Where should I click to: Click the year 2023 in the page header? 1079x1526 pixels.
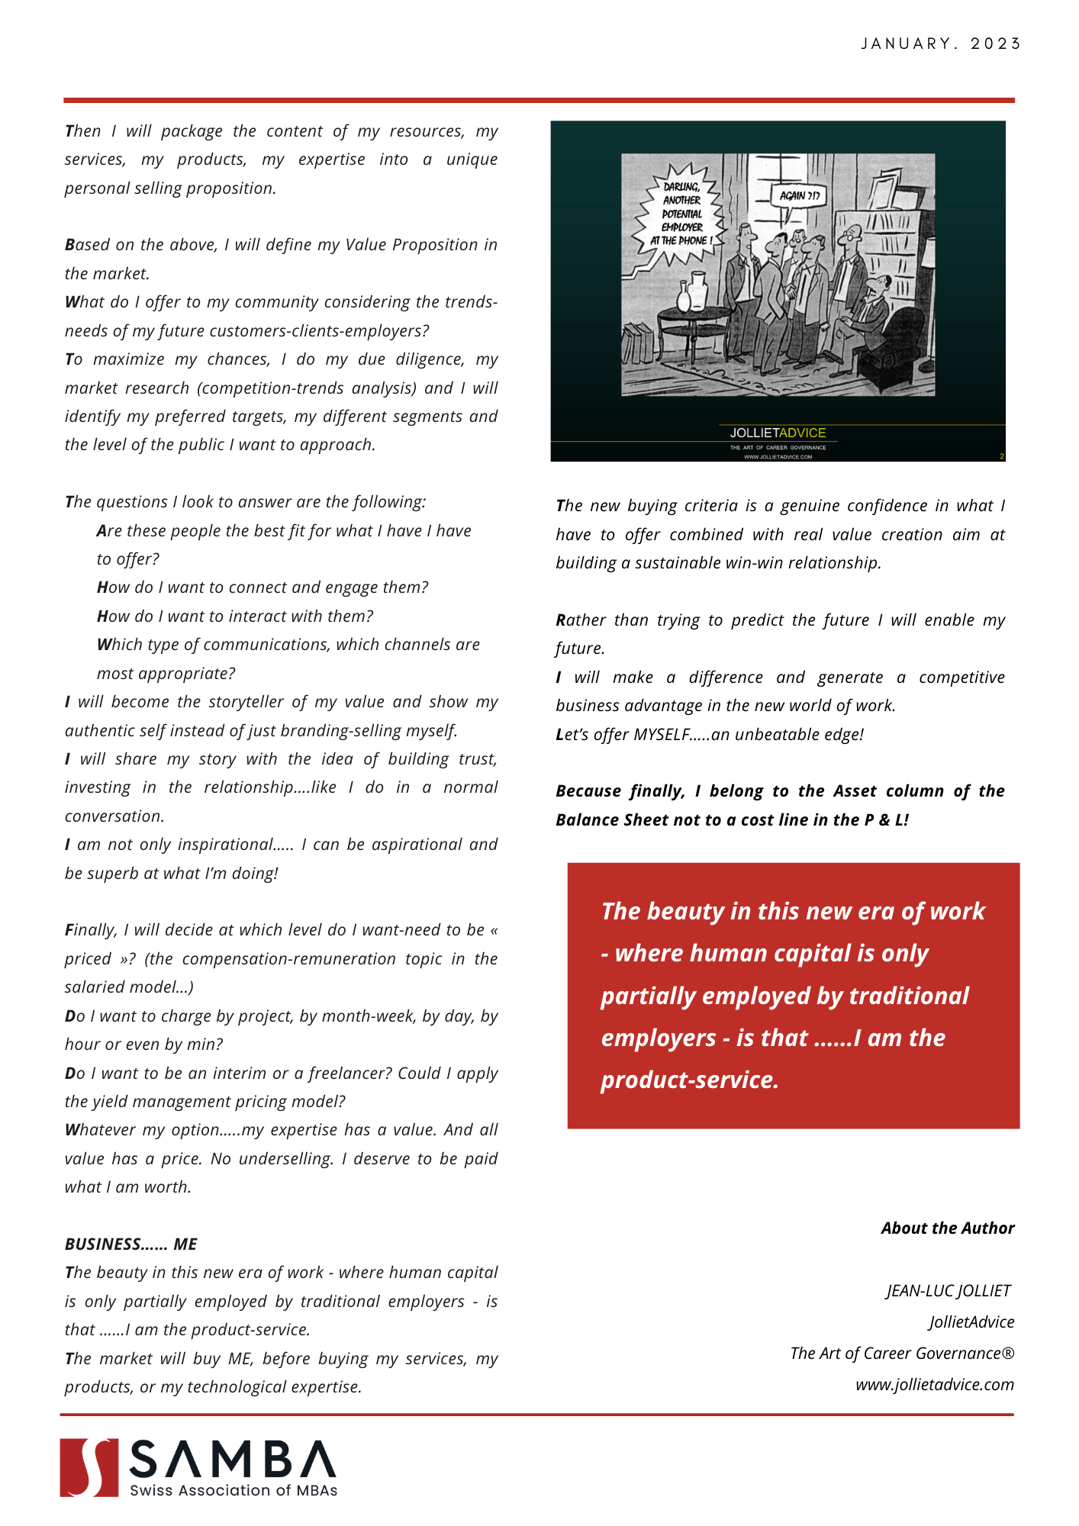click(x=996, y=43)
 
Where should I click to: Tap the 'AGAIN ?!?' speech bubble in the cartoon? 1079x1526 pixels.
click(x=799, y=195)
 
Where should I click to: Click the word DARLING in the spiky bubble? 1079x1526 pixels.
click(x=681, y=186)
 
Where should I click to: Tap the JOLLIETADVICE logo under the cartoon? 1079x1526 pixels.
click(x=778, y=433)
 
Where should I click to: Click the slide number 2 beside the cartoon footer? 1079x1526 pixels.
click(x=1001, y=456)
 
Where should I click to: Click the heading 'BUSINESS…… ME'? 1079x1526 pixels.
click(x=130, y=1244)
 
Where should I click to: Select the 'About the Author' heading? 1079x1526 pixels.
click(x=947, y=1228)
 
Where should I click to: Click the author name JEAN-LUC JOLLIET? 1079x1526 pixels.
click(x=948, y=1290)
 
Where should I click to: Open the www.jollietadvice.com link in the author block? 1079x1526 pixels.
click(x=934, y=1384)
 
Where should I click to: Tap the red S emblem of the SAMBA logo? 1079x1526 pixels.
click(x=89, y=1467)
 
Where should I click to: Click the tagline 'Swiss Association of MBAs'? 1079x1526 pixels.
click(x=234, y=1490)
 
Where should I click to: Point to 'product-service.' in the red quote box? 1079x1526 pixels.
click(x=689, y=1080)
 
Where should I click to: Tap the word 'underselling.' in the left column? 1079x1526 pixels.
click(x=286, y=1158)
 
